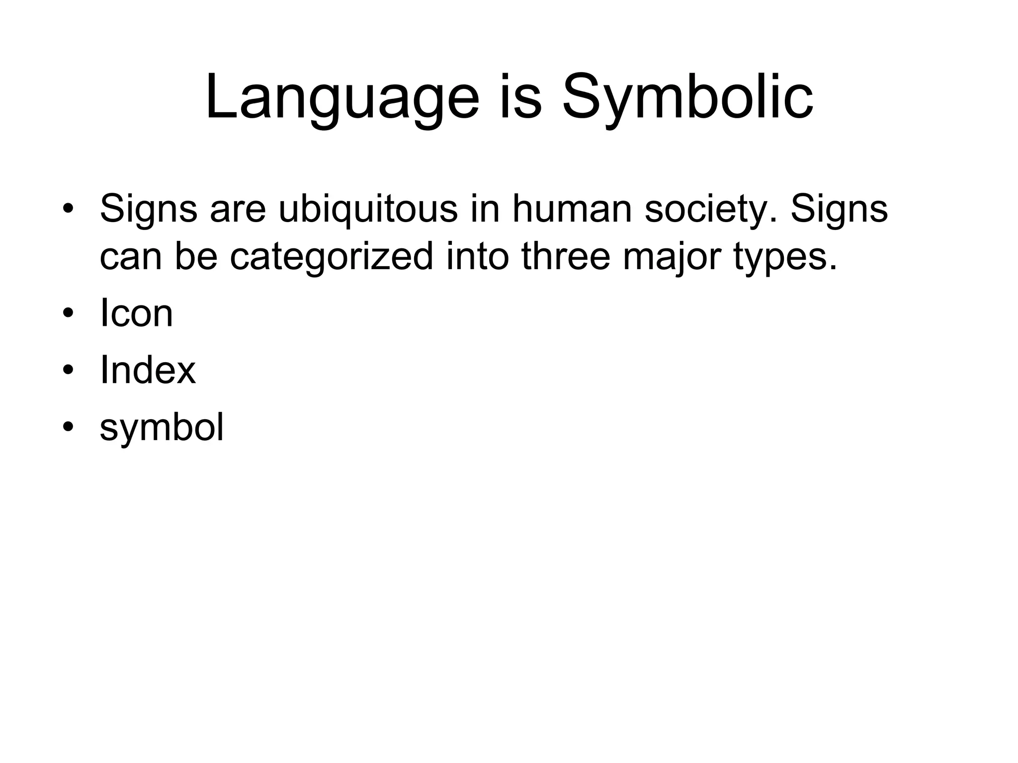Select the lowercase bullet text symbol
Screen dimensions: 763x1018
[x=162, y=428]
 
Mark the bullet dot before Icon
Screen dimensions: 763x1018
[x=68, y=313]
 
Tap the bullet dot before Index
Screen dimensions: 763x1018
[x=68, y=371]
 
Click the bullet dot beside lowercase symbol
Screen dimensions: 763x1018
[x=68, y=428]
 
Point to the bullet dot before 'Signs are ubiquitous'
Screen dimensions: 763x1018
[x=68, y=209]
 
